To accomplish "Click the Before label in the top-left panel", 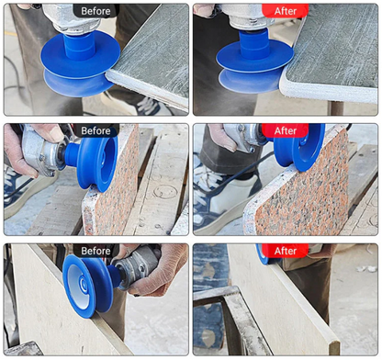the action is pyautogui.click(x=95, y=11).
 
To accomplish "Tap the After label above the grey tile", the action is pyautogui.click(x=286, y=11).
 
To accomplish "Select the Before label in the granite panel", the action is pyautogui.click(x=95, y=131).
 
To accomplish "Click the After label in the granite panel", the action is pyautogui.click(x=286, y=131).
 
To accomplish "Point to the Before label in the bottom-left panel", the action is pyautogui.click(x=95, y=251).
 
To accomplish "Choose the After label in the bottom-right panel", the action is pyautogui.click(x=286, y=251).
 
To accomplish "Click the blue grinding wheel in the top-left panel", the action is pyautogui.click(x=80, y=62).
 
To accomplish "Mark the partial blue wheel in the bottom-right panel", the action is pyautogui.click(x=263, y=254).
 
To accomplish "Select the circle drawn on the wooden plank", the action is pyautogui.click(x=165, y=191).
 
